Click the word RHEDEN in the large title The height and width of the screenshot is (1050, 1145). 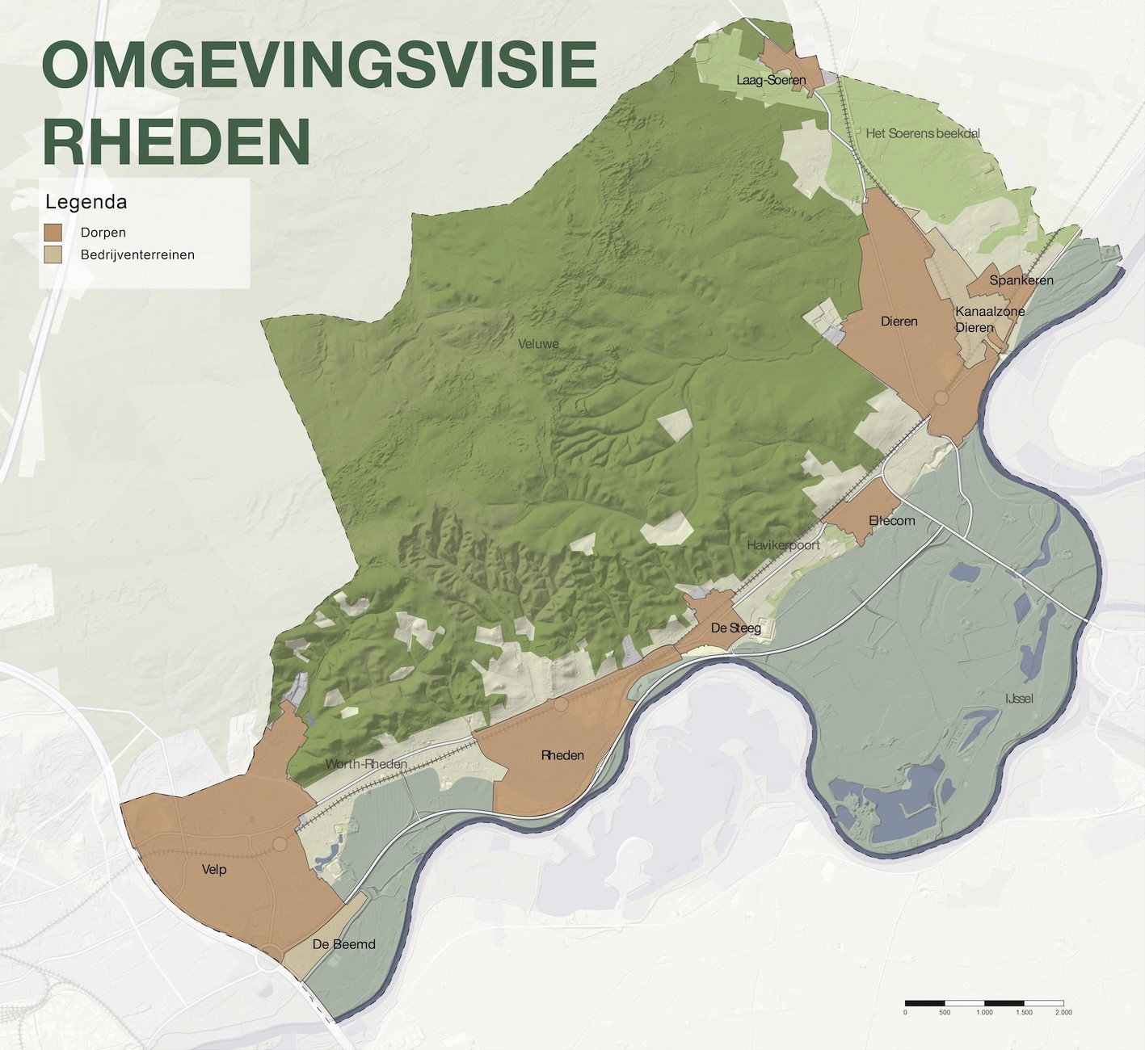pos(176,140)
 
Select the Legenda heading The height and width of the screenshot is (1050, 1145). pos(86,201)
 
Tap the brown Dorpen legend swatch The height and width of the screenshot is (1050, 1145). pos(53,233)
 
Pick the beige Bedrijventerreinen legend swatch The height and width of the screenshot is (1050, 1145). pos(53,255)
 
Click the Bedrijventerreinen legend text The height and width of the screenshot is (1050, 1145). pos(137,255)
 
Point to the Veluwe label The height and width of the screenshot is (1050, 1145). pos(538,344)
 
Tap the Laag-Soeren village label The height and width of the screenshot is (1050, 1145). pos(771,80)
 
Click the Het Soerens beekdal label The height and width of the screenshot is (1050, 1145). pos(923,133)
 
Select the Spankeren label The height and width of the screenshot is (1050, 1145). pos(1021,280)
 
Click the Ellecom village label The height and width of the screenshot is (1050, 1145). pos(892,521)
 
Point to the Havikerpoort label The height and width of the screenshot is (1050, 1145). pos(783,545)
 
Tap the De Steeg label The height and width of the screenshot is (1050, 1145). pos(735,628)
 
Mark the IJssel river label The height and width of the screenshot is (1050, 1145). pos(1019,698)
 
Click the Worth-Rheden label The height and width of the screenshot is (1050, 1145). pos(366,764)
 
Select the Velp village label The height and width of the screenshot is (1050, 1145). pos(214,870)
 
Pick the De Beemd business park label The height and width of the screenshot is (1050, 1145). pos(343,944)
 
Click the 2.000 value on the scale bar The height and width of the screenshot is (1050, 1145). pos(1063,1012)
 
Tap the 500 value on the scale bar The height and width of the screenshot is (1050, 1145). pos(944,1012)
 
